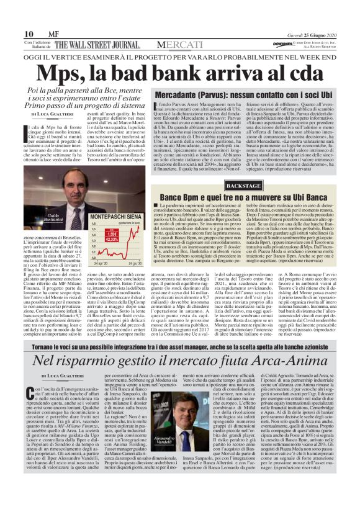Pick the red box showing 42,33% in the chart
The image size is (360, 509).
coord(112,238)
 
